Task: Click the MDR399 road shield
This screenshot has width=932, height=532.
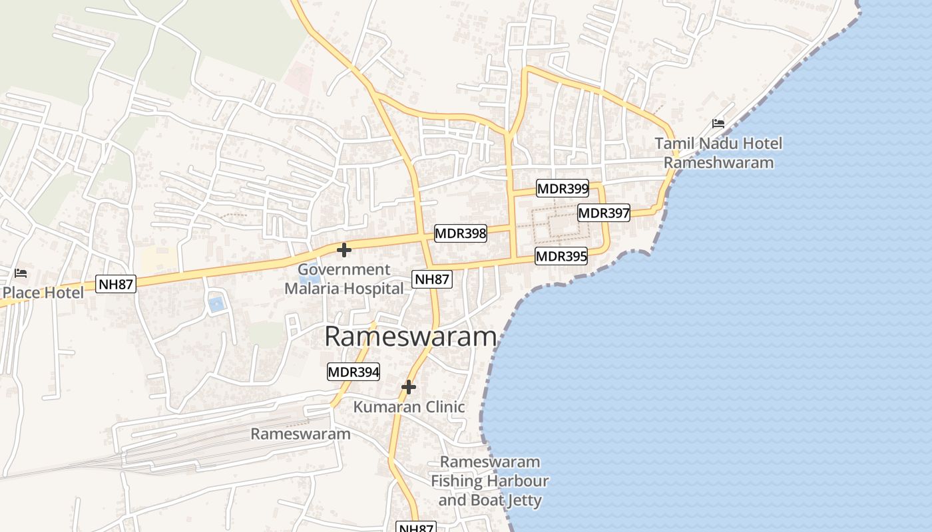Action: (563, 188)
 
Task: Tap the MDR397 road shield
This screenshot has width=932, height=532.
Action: (604, 213)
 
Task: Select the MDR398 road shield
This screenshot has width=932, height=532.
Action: (461, 233)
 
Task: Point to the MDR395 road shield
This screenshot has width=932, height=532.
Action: (562, 256)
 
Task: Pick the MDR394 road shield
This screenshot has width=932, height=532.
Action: (353, 372)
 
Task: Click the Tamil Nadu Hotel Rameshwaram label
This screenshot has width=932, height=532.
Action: (718, 153)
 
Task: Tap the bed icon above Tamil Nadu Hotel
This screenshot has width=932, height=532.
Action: (718, 123)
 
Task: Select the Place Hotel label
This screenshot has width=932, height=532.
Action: (43, 293)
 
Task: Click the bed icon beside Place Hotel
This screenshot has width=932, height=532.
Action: (21, 273)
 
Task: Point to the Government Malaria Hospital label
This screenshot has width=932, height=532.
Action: (344, 279)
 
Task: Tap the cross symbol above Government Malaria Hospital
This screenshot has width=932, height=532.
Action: (344, 250)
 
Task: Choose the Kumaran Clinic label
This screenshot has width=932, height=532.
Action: (409, 406)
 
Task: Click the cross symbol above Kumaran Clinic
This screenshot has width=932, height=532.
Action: (409, 386)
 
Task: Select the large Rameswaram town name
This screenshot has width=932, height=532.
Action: (411, 336)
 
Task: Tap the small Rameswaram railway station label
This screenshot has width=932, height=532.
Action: (300, 434)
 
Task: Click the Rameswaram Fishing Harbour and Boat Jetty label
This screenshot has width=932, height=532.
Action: (490, 481)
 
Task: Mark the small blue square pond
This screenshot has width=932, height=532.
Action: (216, 305)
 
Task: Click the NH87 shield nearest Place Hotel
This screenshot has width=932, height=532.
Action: (116, 284)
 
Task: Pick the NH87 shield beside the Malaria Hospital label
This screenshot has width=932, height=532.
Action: (432, 279)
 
